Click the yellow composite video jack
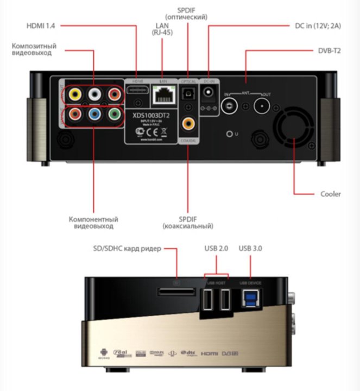(77, 94)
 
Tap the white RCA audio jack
(95, 94)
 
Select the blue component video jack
(95, 115)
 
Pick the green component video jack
(113, 115)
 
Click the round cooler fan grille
(293, 130)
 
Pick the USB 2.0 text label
(216, 249)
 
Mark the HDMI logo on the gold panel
(209, 353)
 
